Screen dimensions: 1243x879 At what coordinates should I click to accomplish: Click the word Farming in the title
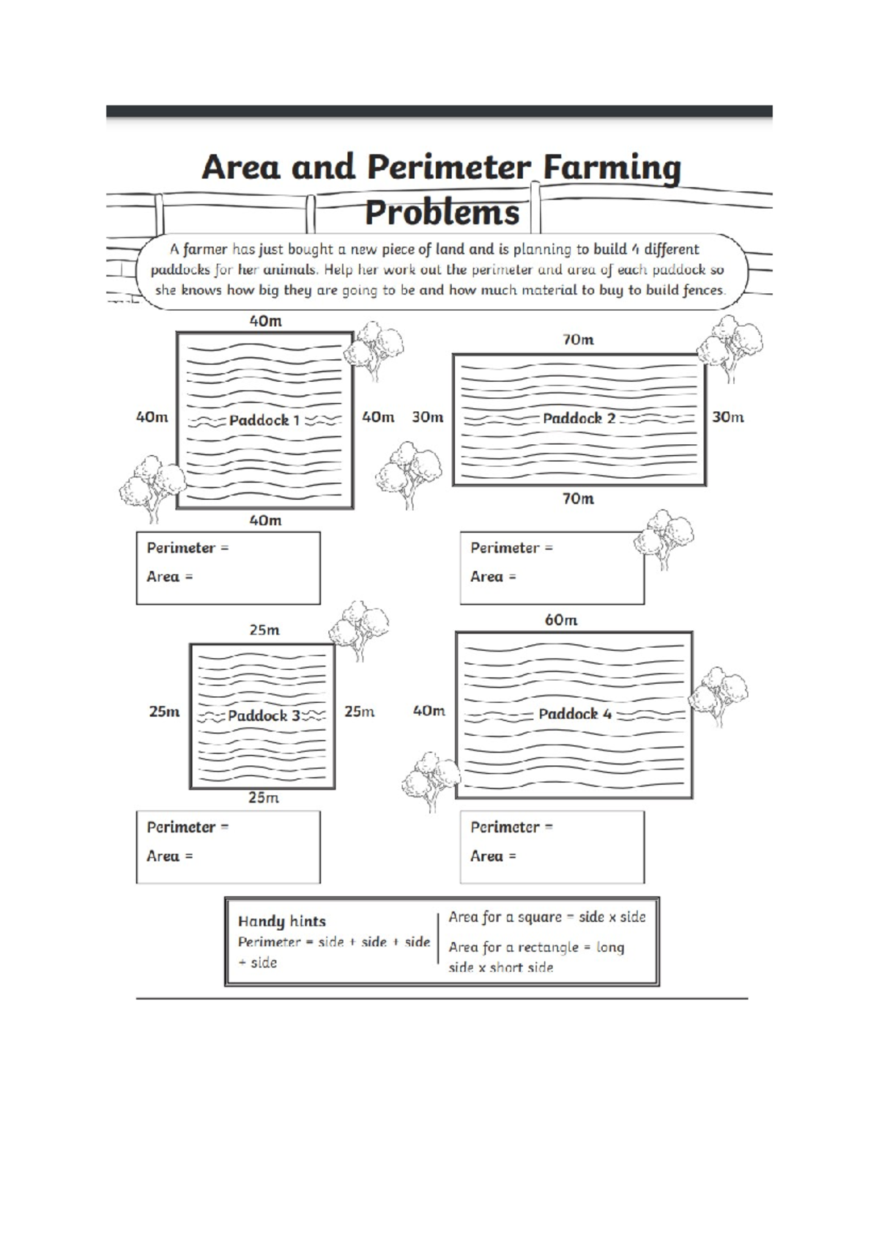[x=612, y=169]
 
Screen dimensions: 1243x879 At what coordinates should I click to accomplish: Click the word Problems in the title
[x=442, y=213]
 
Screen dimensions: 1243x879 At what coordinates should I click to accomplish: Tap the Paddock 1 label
[x=264, y=421]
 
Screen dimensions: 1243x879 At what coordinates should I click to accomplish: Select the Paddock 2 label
[x=579, y=418]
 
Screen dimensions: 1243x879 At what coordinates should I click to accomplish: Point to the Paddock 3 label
[x=264, y=716]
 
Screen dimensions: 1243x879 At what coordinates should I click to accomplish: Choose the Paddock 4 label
[x=575, y=714]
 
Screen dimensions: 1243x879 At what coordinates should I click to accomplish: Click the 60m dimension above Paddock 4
[x=561, y=620]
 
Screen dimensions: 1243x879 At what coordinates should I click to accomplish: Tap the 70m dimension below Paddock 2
[x=578, y=499]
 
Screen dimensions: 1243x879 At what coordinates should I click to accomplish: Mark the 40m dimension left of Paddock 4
[x=429, y=711]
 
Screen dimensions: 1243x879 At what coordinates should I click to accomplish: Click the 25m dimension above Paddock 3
[x=264, y=630]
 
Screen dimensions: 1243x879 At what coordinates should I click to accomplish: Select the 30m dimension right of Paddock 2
[x=727, y=417]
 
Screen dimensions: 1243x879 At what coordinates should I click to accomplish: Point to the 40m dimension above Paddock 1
[x=265, y=321]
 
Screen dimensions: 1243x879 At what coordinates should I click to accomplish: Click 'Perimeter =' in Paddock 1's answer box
[x=188, y=548]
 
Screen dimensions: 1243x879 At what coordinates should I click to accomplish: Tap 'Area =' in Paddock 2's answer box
[x=493, y=577]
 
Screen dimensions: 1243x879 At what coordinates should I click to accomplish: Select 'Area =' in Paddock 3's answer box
[x=169, y=856]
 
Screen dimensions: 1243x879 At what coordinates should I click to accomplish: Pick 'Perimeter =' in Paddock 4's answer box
[x=511, y=827]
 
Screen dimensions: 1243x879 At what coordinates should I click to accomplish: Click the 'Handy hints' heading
[x=281, y=921]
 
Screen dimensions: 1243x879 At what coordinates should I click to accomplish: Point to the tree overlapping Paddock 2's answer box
[x=664, y=539]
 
